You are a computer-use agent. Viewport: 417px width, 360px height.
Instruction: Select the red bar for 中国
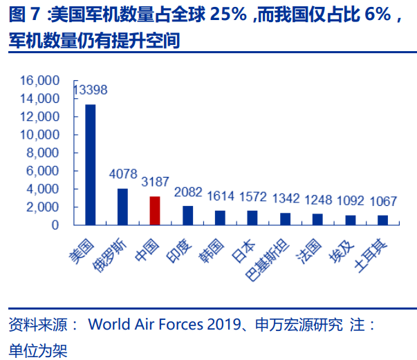pyautogui.click(x=155, y=211)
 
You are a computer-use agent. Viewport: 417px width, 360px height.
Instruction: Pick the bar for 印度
pyautogui.click(x=187, y=216)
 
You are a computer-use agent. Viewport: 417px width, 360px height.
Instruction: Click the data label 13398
pyautogui.click(x=91, y=90)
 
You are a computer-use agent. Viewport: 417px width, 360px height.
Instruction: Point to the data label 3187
pyautogui.click(x=156, y=182)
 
